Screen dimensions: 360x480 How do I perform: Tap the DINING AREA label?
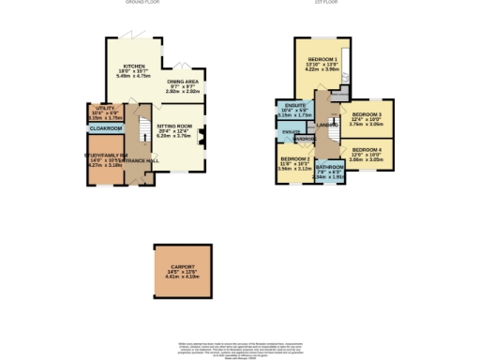pyautogui.click(x=183, y=82)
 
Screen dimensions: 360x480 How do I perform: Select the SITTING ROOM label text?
pyautogui.click(x=173, y=125)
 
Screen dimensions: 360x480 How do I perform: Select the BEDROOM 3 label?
pyautogui.click(x=367, y=112)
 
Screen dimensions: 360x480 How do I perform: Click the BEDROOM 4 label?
pyautogui.click(x=367, y=150)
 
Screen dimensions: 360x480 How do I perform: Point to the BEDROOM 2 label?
pyautogui.click(x=294, y=159)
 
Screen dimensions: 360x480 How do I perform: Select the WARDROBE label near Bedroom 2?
pyautogui.click(x=305, y=139)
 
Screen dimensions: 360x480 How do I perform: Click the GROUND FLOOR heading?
pyautogui.click(x=143, y=3)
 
